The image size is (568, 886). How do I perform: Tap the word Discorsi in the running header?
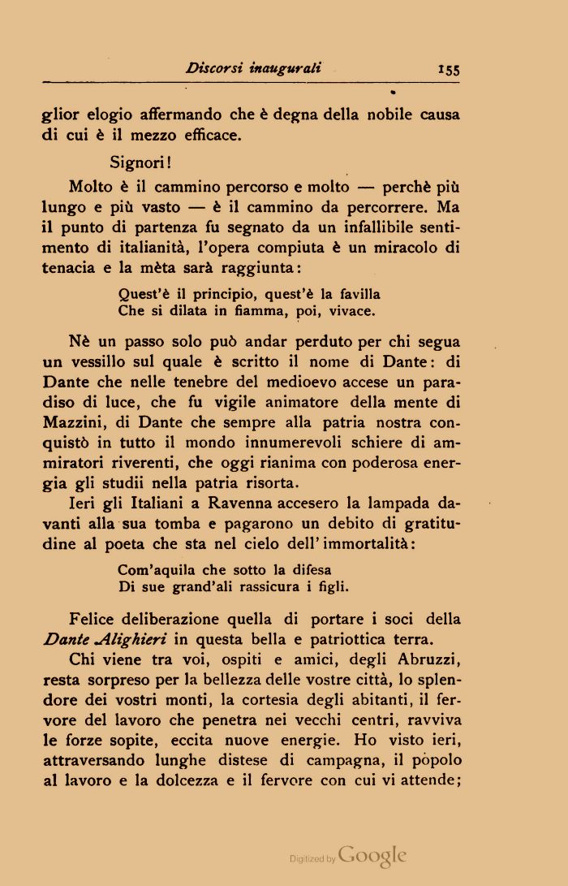coord(214,68)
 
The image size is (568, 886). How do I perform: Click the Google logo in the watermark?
coord(372,855)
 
